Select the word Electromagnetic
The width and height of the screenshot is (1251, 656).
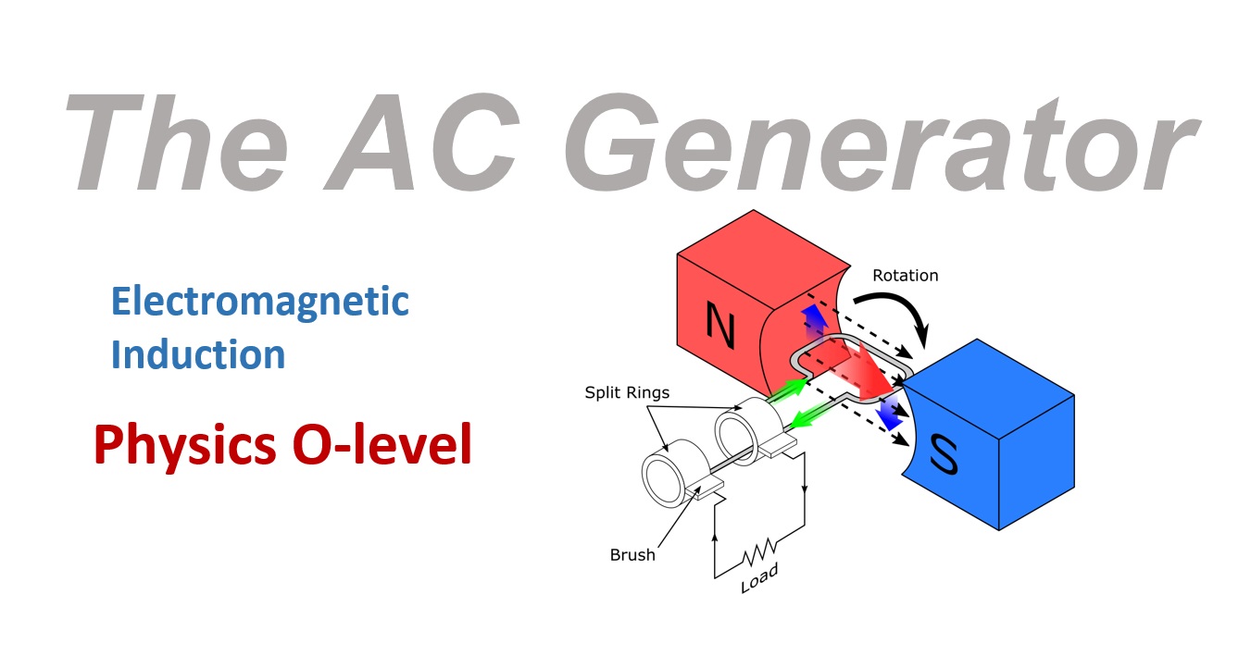(259, 302)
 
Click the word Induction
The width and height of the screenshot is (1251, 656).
(197, 354)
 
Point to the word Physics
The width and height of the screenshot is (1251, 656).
(177, 447)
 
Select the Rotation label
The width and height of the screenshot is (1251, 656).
(905, 276)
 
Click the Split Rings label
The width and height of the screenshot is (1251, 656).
(626, 392)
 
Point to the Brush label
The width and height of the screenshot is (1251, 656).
(632, 555)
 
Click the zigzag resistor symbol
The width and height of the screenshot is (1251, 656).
(758, 556)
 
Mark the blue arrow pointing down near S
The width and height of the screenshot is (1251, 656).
(890, 414)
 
